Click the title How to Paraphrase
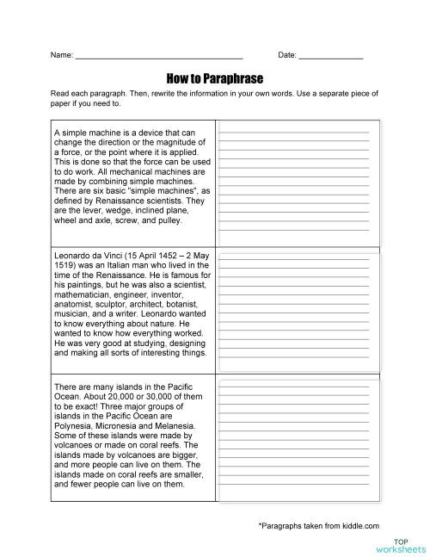215,76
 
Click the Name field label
62,54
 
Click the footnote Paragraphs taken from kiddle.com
318,524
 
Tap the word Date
287,54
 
